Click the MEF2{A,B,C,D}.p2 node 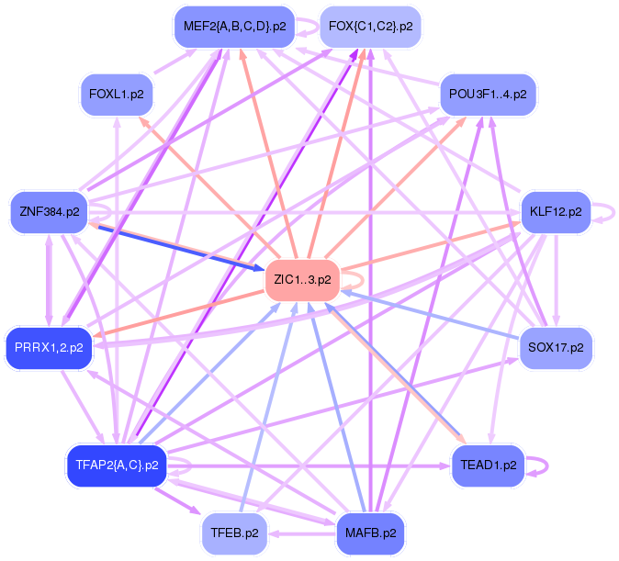click(x=235, y=27)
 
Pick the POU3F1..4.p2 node click(x=488, y=95)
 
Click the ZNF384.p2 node click(x=49, y=212)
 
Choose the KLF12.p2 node click(x=555, y=212)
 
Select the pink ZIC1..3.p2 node click(x=302, y=279)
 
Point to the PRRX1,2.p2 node click(x=49, y=347)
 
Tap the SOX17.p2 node click(x=555, y=347)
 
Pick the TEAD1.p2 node click(x=488, y=465)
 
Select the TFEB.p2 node click(x=235, y=533)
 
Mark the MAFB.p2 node click(x=370, y=533)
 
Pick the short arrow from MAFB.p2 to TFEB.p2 click(x=302, y=533)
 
